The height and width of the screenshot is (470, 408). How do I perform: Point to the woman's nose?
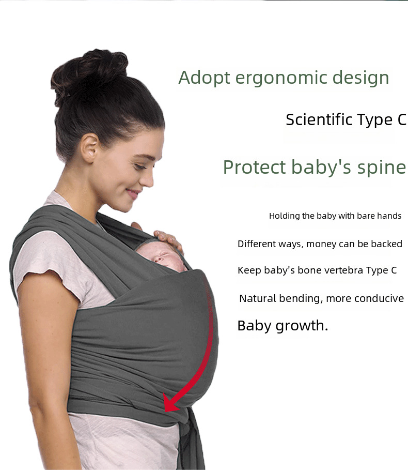148,177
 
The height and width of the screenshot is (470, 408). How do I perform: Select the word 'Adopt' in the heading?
204,79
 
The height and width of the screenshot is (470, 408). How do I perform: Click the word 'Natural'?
258,298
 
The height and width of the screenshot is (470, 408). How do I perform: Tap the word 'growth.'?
302,326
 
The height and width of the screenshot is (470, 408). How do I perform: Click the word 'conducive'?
380,298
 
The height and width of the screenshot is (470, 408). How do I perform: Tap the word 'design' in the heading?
360,79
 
